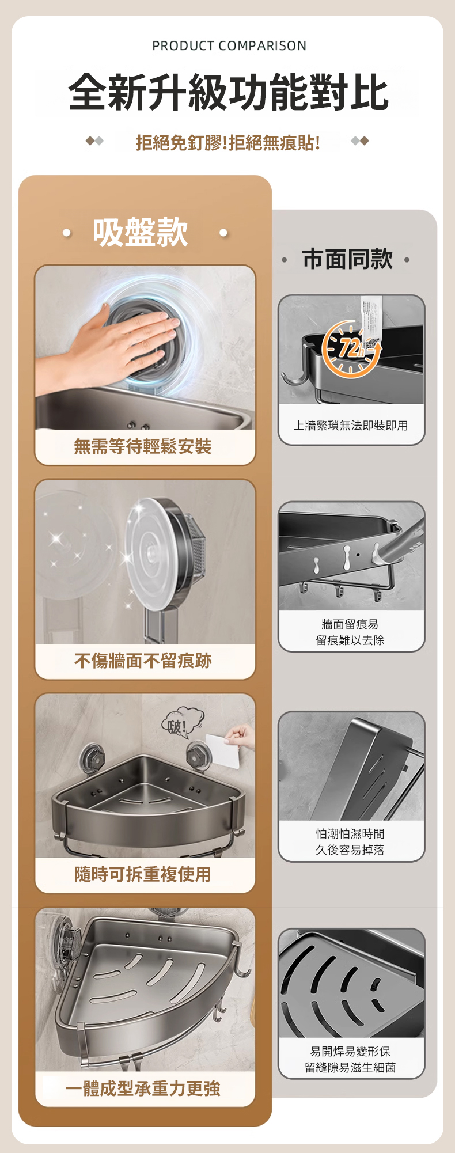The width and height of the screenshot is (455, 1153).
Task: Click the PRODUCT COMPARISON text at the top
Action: click(x=229, y=46)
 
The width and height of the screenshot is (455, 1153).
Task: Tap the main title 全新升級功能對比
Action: click(x=229, y=92)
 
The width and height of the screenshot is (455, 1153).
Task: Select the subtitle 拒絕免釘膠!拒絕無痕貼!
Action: click(x=228, y=142)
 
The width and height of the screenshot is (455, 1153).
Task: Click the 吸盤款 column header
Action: click(x=141, y=233)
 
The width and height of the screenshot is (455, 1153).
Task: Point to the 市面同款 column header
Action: click(x=347, y=259)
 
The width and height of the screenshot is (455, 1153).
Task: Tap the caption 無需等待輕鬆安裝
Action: click(x=143, y=446)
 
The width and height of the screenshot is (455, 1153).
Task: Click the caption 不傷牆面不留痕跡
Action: click(x=143, y=661)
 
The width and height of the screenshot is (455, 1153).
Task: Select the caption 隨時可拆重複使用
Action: click(x=143, y=874)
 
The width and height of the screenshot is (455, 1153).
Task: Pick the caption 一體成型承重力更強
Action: click(x=143, y=1088)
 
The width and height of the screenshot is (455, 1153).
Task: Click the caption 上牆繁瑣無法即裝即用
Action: click(x=351, y=426)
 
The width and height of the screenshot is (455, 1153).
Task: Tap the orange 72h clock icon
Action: click(x=351, y=349)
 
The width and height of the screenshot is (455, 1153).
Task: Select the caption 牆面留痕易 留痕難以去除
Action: click(x=350, y=632)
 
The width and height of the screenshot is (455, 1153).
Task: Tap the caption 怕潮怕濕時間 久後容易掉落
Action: click(x=350, y=842)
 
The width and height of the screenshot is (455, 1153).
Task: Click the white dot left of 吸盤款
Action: click(x=67, y=233)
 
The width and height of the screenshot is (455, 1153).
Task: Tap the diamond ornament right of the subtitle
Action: click(x=360, y=141)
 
